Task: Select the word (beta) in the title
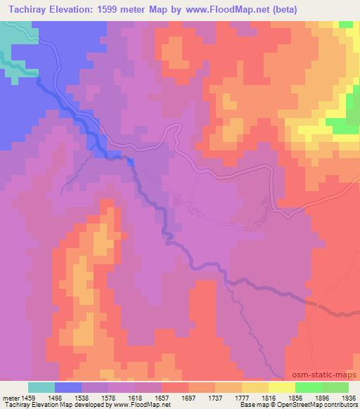click(283, 9)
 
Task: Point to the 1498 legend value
click(55, 397)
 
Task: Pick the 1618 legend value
click(135, 397)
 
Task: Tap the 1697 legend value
click(188, 397)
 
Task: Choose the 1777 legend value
click(242, 397)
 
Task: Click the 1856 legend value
click(295, 397)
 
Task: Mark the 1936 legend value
click(348, 397)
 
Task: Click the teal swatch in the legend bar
click(41, 387)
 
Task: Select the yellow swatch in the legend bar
click(281, 387)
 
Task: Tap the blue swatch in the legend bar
click(68, 387)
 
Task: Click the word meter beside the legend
click(10, 397)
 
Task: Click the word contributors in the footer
click(341, 405)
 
